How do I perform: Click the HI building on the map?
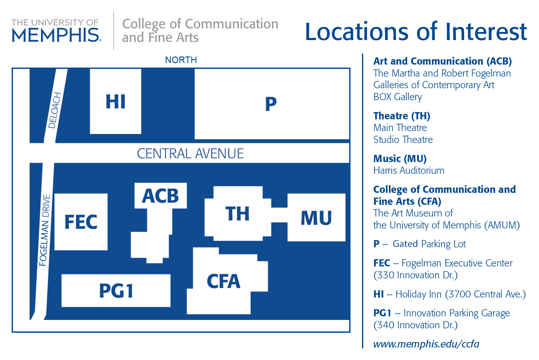coord(115,101)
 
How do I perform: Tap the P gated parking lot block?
coord(271,104)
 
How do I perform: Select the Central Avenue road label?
coord(190,154)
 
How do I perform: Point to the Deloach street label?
coord(55,111)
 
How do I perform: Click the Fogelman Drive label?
coord(45,230)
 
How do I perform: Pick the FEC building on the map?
coord(81,222)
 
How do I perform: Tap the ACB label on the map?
coord(161,196)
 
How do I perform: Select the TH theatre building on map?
coord(238,214)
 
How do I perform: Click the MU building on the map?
coord(316,218)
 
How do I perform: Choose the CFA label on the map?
coord(224,281)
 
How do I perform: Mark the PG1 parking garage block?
coord(116,291)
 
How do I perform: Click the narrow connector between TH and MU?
coord(279,215)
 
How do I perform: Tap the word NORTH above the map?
coord(181,60)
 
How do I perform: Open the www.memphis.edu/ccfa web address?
coord(426,344)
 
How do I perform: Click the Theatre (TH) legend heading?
coord(401,116)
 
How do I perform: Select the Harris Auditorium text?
coord(409,170)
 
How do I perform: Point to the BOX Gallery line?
coord(397,97)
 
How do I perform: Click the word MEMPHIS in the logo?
coord(56,35)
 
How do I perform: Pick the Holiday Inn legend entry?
coord(449,294)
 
